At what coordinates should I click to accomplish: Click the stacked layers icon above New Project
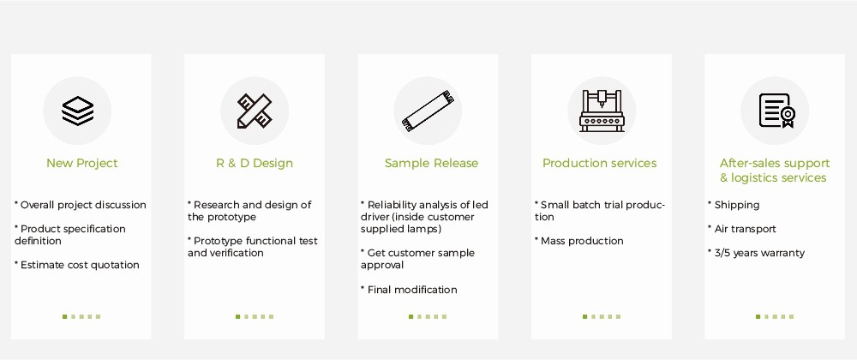(x=77, y=111)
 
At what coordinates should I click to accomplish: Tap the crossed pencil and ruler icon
(x=255, y=111)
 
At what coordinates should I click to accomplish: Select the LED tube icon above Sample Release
(x=428, y=111)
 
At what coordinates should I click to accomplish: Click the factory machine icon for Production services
(x=602, y=111)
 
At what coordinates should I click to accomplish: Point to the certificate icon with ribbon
(x=776, y=111)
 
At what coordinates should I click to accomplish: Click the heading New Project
(x=82, y=163)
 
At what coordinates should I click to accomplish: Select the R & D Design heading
(x=255, y=164)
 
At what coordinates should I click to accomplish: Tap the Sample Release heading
(x=431, y=163)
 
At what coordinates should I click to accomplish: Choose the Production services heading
(x=600, y=163)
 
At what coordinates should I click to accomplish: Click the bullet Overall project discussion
(x=81, y=206)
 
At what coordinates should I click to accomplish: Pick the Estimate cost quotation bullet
(x=77, y=265)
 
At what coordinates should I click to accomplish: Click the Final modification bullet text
(x=409, y=290)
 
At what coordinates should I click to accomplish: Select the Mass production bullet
(x=578, y=241)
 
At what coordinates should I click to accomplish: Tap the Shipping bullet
(x=734, y=206)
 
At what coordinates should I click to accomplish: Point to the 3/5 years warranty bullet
(x=757, y=253)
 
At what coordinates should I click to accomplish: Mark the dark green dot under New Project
(x=64, y=316)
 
